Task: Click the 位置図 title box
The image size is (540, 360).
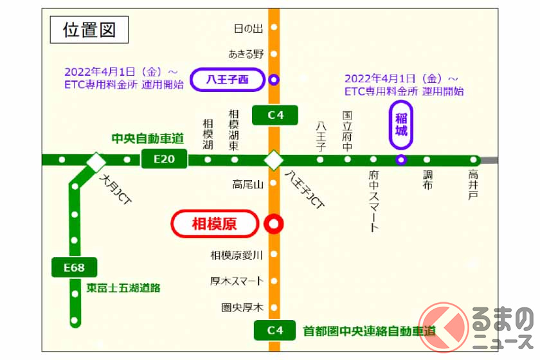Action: tap(89, 30)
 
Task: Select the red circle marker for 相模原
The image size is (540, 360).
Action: tap(274, 224)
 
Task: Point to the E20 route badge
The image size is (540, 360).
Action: tap(164, 159)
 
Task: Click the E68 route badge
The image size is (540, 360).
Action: tap(75, 266)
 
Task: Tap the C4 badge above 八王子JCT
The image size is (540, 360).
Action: tap(274, 115)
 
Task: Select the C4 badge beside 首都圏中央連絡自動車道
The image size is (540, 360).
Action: tap(274, 330)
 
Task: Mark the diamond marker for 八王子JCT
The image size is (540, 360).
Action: tap(274, 159)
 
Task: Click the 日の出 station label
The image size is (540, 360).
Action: tap(249, 28)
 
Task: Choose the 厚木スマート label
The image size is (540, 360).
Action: tap(237, 281)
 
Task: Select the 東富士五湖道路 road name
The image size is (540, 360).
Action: tap(123, 288)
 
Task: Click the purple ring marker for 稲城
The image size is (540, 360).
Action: tap(401, 160)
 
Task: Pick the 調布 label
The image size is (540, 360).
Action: tap(428, 181)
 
